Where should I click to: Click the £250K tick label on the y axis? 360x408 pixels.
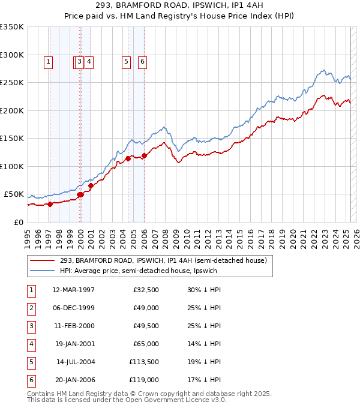point(12,83)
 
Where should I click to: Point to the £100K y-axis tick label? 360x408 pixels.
point(12,166)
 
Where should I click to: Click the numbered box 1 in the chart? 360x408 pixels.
point(48,61)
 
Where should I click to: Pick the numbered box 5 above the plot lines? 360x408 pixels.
point(127,61)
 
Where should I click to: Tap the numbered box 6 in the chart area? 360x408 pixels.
point(143,61)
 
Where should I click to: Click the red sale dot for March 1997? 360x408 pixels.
point(50,204)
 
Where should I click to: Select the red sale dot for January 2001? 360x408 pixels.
point(91,186)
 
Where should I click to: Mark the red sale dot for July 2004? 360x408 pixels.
point(128,159)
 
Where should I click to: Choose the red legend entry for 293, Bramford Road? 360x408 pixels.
point(158,260)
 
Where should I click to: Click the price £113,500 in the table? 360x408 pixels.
point(144,362)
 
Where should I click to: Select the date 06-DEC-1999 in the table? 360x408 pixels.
point(73,308)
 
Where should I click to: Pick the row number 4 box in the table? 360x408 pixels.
point(30,344)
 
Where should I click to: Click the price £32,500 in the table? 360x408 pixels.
point(146,290)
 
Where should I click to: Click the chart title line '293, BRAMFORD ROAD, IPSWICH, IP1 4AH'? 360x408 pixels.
point(180,7)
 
